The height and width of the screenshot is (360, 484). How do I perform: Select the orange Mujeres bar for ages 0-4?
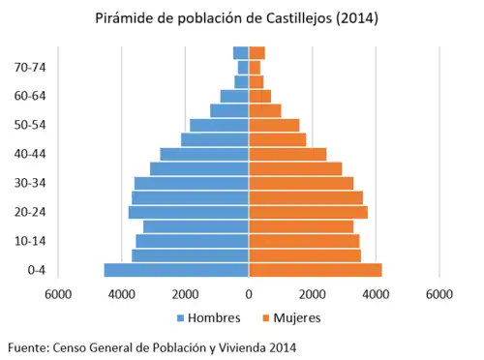click(x=316, y=270)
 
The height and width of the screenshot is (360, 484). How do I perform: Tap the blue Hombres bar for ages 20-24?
click(x=189, y=212)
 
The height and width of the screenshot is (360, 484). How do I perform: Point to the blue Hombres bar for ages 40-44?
click(x=204, y=154)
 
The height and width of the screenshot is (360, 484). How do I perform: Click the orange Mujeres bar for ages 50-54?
click(x=274, y=125)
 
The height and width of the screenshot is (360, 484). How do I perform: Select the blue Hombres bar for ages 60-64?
click(x=234, y=96)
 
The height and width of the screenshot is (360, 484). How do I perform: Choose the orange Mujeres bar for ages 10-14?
click(x=304, y=241)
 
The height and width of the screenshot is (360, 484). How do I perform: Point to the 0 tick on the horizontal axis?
click(x=249, y=294)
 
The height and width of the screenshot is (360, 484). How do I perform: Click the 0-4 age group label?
click(x=36, y=270)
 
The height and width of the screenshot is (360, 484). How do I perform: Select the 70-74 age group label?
click(x=31, y=67)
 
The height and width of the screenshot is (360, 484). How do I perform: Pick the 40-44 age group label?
click(x=31, y=154)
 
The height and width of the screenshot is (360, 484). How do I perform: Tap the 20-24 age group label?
click(x=31, y=212)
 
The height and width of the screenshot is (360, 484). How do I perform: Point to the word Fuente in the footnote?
click(x=27, y=346)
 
